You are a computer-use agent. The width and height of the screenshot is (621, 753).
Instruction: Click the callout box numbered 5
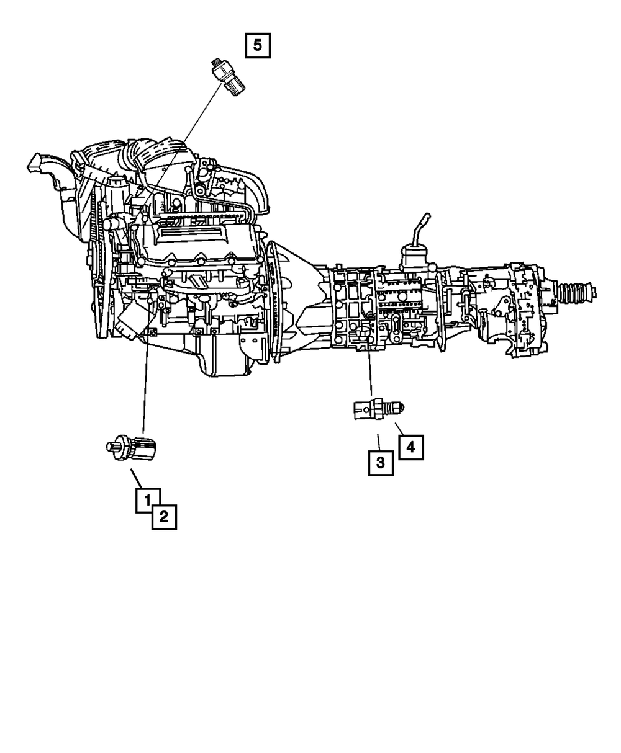(x=258, y=46)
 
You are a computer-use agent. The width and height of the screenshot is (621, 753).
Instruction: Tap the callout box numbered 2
(x=164, y=517)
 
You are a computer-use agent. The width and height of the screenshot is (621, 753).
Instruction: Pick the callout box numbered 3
(x=380, y=462)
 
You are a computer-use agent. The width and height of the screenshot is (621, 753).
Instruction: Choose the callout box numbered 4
(x=410, y=447)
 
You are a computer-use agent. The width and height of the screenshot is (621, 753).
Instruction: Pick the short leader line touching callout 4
(x=399, y=427)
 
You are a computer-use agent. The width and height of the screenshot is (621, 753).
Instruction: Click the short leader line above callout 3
(x=378, y=441)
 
